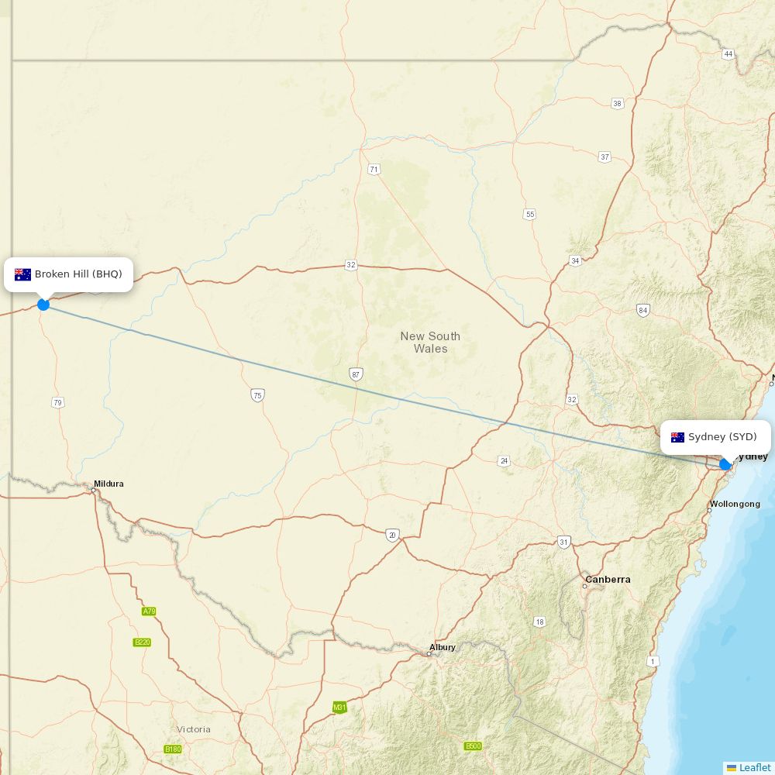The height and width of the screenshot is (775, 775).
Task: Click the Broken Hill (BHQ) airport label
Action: click(x=77, y=274)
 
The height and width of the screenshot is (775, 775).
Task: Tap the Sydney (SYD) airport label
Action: click(x=722, y=437)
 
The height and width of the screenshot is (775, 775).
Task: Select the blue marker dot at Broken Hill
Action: click(x=43, y=305)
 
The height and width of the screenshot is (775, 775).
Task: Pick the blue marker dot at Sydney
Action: click(x=725, y=464)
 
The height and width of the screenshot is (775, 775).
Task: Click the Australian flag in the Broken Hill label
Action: click(x=22, y=274)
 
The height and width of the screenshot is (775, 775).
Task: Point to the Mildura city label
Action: click(x=108, y=484)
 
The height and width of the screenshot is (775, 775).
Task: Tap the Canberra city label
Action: click(x=608, y=579)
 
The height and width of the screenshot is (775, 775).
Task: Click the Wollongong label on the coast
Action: click(x=735, y=504)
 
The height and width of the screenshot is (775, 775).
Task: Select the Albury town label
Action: click(x=443, y=647)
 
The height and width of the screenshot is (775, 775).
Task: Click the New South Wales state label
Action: click(x=430, y=342)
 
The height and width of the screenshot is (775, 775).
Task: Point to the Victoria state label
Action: click(x=193, y=729)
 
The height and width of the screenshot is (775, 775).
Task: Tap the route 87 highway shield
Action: click(x=356, y=374)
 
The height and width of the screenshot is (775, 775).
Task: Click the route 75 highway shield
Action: click(x=257, y=395)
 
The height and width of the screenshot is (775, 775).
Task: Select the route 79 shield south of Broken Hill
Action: click(x=57, y=402)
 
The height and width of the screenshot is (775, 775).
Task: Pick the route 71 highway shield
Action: click(x=374, y=169)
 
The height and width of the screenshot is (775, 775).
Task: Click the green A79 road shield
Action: click(x=149, y=611)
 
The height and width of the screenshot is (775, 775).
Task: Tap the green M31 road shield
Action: click(x=339, y=707)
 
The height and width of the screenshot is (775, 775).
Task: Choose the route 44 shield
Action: click(x=728, y=54)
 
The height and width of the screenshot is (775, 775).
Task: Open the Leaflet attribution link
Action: click(x=754, y=767)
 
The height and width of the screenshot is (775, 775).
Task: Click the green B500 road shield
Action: click(x=473, y=746)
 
